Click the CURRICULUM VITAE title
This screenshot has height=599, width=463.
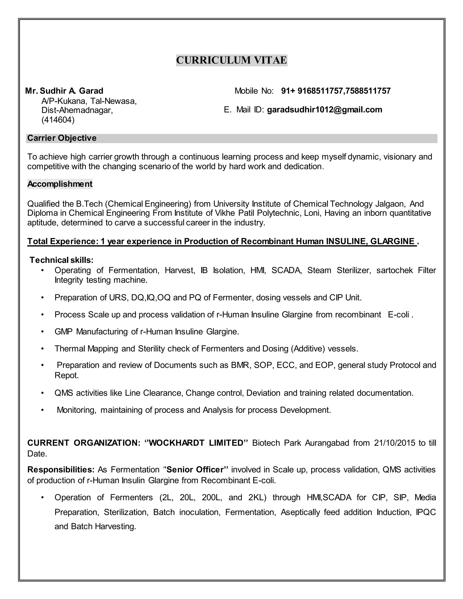(x=231, y=60)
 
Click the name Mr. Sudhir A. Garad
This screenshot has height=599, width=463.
(x=64, y=91)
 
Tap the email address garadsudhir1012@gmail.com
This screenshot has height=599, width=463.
(x=324, y=110)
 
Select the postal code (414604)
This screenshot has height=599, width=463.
(x=58, y=120)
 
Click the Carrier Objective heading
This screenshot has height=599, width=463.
(x=62, y=138)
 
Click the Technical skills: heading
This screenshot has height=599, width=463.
(x=61, y=260)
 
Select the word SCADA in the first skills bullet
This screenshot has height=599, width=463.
(x=286, y=270)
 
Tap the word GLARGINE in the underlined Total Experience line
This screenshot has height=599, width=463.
(x=392, y=241)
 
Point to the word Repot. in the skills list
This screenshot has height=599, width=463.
(x=67, y=375)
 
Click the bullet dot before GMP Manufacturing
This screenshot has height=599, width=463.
(x=42, y=332)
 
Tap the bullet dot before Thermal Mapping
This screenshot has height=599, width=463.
(x=42, y=349)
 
